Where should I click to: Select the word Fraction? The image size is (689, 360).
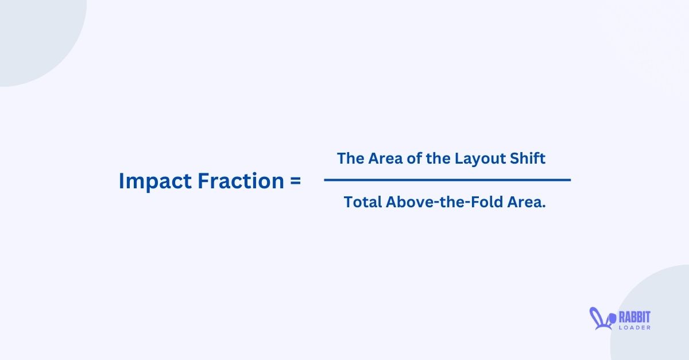(x=240, y=181)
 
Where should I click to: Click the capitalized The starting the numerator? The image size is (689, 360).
(x=350, y=158)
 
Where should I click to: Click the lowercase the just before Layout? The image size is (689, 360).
(x=439, y=158)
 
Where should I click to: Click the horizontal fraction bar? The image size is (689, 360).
(x=447, y=180)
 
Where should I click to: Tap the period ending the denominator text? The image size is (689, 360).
(x=543, y=206)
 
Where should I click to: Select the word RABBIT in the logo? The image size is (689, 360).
(x=634, y=316)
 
